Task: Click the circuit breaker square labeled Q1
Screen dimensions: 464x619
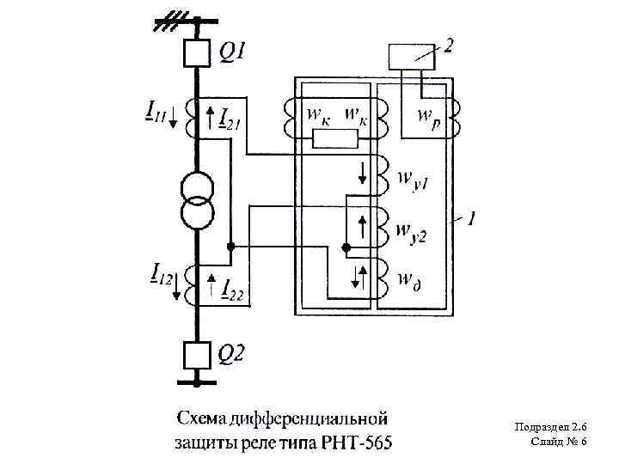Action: (198, 54)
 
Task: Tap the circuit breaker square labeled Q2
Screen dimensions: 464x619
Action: (198, 354)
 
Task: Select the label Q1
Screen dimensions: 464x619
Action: (233, 53)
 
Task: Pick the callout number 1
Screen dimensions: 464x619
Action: (472, 220)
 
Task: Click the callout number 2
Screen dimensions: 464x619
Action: (448, 46)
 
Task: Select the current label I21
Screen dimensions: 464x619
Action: (229, 116)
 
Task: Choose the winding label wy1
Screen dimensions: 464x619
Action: (415, 182)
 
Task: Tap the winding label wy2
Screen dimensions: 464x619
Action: (415, 231)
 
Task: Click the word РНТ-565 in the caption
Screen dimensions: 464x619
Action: (356, 443)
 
